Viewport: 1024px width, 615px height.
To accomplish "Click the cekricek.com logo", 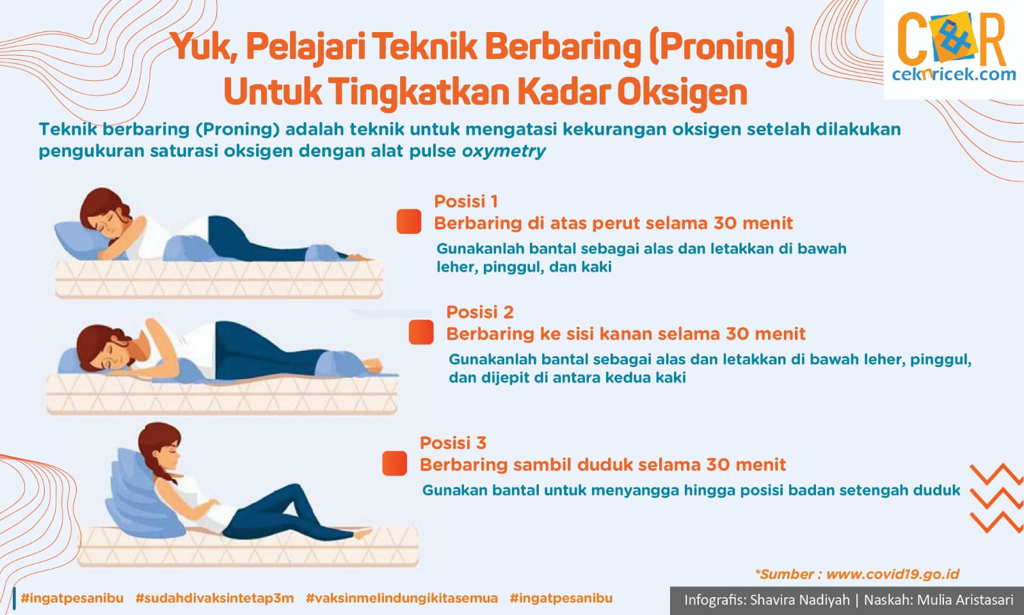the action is pos(954,49).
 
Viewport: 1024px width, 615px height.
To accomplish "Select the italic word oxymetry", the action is pos(504,151).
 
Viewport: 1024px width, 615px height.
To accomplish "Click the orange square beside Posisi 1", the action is pos(409,222).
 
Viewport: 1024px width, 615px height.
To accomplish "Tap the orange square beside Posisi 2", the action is pos(421,332).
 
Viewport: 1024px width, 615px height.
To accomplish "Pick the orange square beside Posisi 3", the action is pos(394,463).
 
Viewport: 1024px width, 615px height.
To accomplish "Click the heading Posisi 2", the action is pos(480,312).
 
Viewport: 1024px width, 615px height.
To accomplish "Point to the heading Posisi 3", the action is pos(453,443).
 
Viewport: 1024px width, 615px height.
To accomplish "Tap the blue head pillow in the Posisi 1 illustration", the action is pos(80,240).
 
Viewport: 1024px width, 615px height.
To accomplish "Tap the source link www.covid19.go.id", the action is pos(892,574).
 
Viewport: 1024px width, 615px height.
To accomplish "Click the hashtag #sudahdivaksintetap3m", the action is pos(214,598).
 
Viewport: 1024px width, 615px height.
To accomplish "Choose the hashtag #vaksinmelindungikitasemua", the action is pos(401,598).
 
